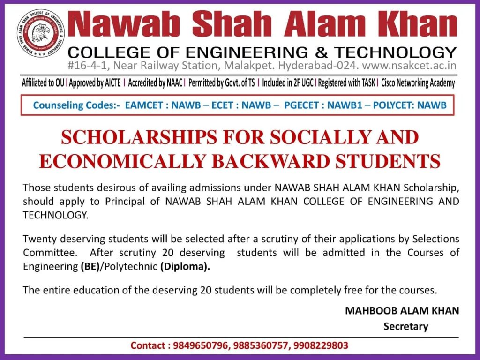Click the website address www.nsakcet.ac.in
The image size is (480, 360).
[x=409, y=66]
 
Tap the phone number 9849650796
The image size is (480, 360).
[x=199, y=346]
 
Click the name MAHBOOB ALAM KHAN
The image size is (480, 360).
[x=402, y=310]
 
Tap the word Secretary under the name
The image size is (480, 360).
[x=406, y=326]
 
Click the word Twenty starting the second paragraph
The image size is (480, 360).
[x=37, y=239]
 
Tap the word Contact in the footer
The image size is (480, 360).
[x=148, y=346]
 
